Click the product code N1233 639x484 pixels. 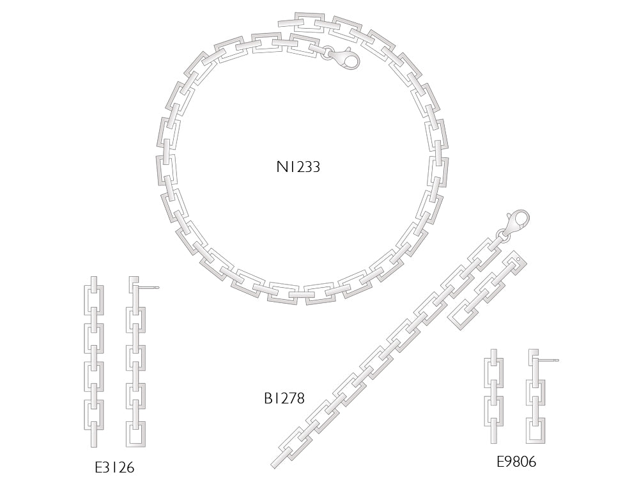coord(298,168)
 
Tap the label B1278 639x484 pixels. coord(284,398)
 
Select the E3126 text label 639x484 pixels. coord(114,467)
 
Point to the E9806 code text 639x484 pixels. coord(516,462)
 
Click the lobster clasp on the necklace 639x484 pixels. coord(345,59)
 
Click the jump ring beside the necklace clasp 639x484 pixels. coord(327,52)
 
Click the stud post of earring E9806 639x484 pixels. coord(550,361)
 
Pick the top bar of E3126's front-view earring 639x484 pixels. coord(94,284)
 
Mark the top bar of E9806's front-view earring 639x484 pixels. coord(493,357)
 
